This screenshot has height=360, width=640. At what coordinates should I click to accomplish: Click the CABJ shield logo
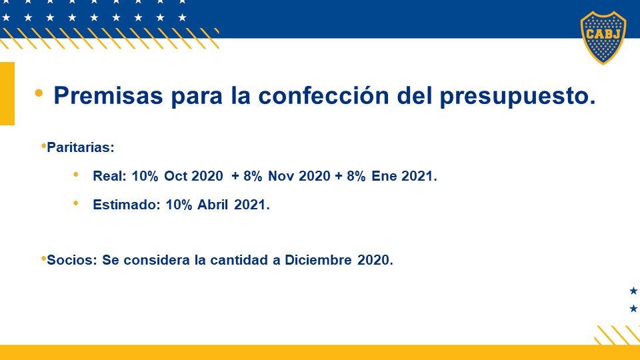pos(603,37)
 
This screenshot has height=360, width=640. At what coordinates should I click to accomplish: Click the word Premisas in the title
pos(108,95)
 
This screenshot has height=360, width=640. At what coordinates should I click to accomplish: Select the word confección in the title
pos(323,95)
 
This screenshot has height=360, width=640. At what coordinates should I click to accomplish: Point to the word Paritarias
pos(81,147)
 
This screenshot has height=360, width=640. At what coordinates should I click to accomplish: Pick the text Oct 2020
pos(193,176)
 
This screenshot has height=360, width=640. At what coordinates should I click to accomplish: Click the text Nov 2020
pos(299,176)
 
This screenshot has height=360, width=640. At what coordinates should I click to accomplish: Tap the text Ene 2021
pos(404,176)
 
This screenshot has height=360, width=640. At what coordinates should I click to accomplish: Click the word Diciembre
pos(318,260)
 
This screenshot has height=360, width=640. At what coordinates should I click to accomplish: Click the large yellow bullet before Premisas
pos(39,93)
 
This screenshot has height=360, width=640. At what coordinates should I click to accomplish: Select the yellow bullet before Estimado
pos(75,203)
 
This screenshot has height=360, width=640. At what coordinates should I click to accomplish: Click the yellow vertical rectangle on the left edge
pos(7,93)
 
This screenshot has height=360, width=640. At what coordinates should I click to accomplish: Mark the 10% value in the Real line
pos(145,176)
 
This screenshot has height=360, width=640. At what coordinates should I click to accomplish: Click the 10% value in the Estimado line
pos(179,205)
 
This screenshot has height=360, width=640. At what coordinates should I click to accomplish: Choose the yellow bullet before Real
pos(75,175)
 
